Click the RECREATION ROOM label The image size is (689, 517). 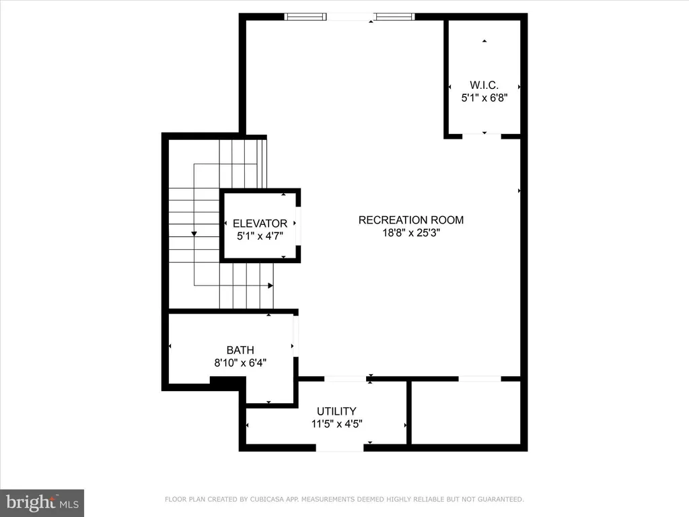coord(411,220)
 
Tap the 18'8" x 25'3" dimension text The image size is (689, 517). coord(411,232)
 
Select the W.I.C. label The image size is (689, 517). coord(484,85)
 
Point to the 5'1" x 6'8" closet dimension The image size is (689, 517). coord(484,98)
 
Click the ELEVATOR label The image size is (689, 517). coord(260,223)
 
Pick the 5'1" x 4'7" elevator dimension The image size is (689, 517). coord(260,236)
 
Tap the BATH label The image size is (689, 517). coord(240,350)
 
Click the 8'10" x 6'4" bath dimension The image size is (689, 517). coord(240,363)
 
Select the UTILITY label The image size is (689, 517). coord(336,411)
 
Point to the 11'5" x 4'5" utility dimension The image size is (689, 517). coord(336,424)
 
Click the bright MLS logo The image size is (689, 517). coord(42,503)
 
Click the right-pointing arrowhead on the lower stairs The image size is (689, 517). coord(270,285)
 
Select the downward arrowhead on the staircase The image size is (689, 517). coord(194,234)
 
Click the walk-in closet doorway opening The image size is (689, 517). coord(482,136)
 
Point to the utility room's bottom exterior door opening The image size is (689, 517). coord(340,448)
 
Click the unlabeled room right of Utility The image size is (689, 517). coord(466,413)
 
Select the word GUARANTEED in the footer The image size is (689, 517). coord(501,499)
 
